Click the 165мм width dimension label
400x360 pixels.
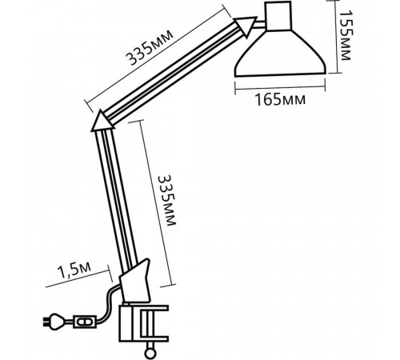pyautogui.click(x=280, y=99)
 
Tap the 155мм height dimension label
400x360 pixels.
pyautogui.click(x=346, y=35)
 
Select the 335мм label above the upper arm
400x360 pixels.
pyautogui.click(x=150, y=47)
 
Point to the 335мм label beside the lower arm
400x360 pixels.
pyautogui.click(x=167, y=201)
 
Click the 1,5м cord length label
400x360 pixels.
pyautogui.click(x=74, y=270)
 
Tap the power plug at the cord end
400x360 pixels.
pyautogui.click(x=54, y=322)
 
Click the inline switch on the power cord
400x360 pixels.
pyautogui.click(x=85, y=322)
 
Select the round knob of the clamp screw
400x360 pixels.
pyautogui.click(x=150, y=354)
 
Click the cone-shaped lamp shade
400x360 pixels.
pyautogui.click(x=280, y=53)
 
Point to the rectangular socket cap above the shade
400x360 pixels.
pyautogui.click(x=278, y=16)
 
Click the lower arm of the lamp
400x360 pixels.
pyautogui.click(x=117, y=198)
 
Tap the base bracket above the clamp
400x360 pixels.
pyautogui.click(x=135, y=282)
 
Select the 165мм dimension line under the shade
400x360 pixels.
pyautogui.click(x=280, y=87)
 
